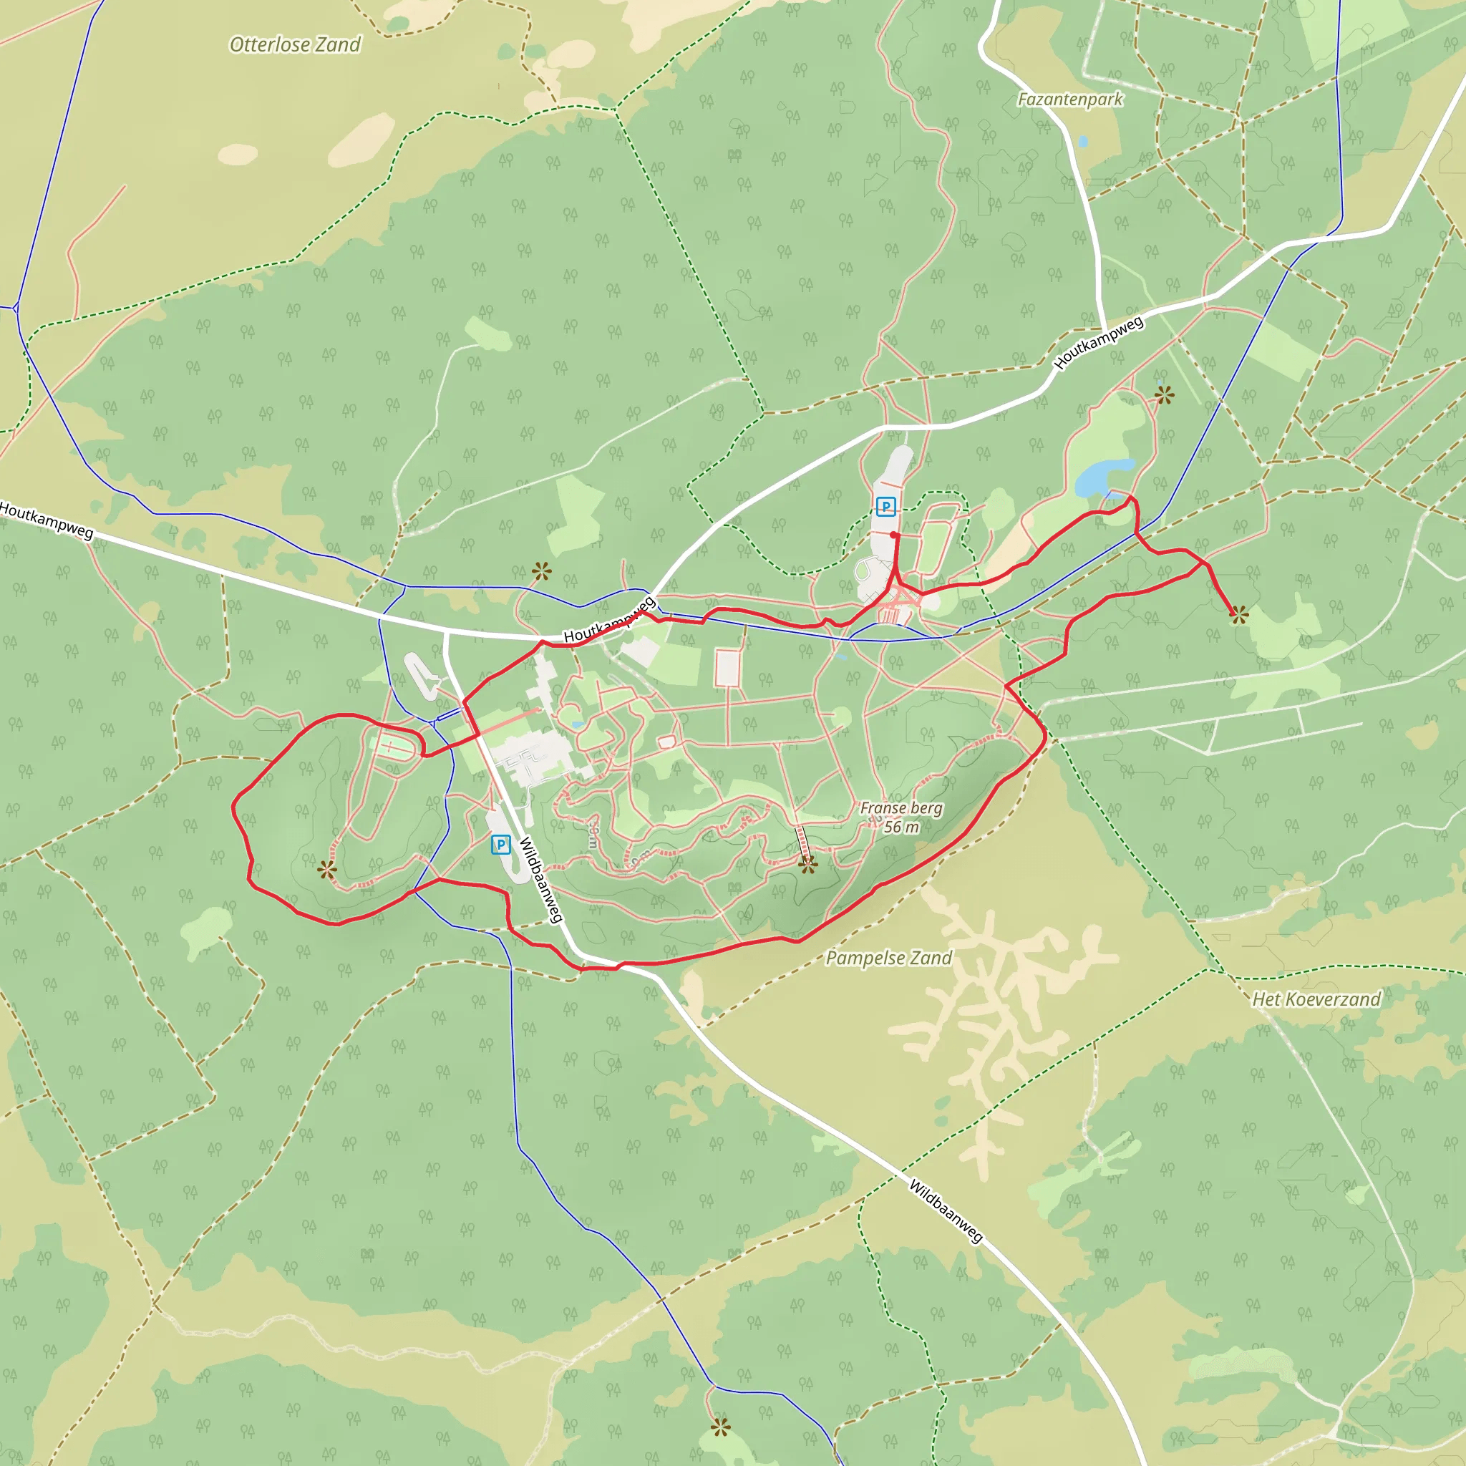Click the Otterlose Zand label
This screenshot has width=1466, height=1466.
pyautogui.click(x=295, y=45)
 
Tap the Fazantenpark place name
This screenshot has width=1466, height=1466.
pyautogui.click(x=1070, y=99)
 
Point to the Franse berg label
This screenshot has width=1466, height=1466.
pyautogui.click(x=901, y=808)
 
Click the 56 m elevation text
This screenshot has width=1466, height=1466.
pyautogui.click(x=901, y=827)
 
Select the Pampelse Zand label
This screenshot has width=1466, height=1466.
pyautogui.click(x=888, y=958)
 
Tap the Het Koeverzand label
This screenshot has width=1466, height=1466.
pyautogui.click(x=1316, y=999)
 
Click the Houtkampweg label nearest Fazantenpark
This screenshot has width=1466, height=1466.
pyautogui.click(x=1099, y=343)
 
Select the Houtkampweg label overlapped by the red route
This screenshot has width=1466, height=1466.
pyautogui.click(x=609, y=620)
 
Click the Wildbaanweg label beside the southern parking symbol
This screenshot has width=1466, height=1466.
pyautogui.click(x=541, y=880)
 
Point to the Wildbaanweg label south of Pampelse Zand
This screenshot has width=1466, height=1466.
pyautogui.click(x=946, y=1210)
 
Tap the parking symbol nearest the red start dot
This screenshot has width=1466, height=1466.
pyautogui.click(x=885, y=506)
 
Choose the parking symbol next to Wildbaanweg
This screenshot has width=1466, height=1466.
pyautogui.click(x=501, y=845)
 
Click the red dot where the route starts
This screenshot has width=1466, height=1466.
pyautogui.click(x=895, y=535)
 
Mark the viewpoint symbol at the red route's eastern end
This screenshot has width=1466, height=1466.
pyautogui.click(x=1239, y=615)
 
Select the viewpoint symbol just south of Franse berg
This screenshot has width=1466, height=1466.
pyautogui.click(x=807, y=864)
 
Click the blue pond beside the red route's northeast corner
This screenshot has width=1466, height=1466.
pyautogui.click(x=1104, y=476)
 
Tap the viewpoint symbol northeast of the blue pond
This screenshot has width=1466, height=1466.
pyautogui.click(x=1164, y=394)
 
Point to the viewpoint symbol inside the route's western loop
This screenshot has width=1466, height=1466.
pyautogui.click(x=327, y=870)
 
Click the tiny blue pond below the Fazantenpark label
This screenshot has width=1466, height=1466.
pyautogui.click(x=1082, y=141)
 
